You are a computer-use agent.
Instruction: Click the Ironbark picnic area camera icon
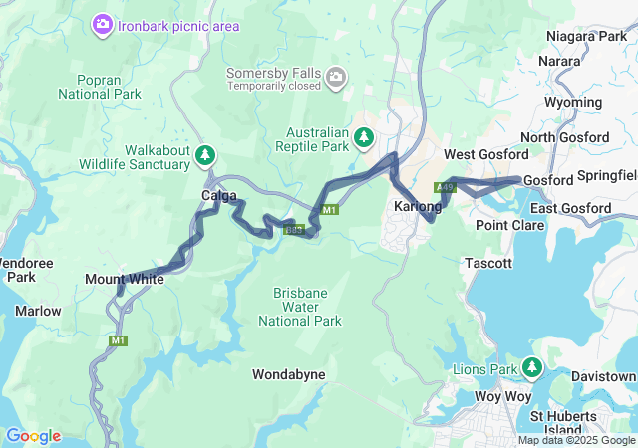tap(102, 24)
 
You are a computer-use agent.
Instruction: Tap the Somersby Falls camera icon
tap(337, 76)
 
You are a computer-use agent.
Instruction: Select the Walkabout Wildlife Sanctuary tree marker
tap(205, 154)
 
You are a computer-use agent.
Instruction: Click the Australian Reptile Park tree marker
tap(364, 136)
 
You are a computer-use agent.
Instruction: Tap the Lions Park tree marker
tap(531, 366)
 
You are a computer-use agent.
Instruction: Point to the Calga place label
tap(219, 195)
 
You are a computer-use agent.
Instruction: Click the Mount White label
tap(125, 280)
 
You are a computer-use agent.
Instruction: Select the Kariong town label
tap(418, 206)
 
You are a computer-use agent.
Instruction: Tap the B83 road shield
tap(293, 230)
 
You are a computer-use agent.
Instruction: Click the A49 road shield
tap(446, 187)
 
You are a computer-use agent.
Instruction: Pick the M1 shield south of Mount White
tap(119, 340)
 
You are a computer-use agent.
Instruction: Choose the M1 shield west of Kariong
tap(330, 209)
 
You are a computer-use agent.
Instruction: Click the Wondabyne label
tap(289, 374)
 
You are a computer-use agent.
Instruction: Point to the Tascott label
tap(488, 263)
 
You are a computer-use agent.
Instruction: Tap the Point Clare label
tap(509, 225)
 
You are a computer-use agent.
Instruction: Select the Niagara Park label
tap(586, 37)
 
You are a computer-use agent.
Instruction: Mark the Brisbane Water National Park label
tap(300, 307)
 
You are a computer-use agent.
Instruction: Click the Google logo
tap(33, 436)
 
